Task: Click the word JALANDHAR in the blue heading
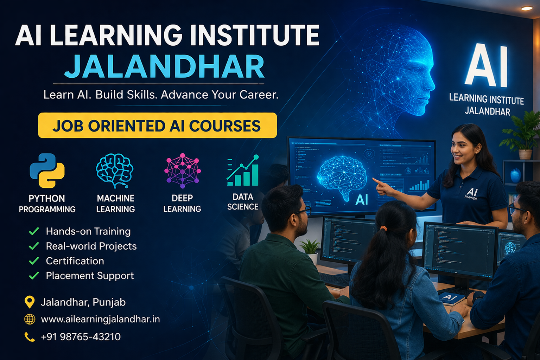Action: point(164,67)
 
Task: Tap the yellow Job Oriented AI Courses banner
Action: point(157,126)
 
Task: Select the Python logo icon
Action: point(47,171)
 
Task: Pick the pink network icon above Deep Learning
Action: point(182,171)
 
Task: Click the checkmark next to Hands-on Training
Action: point(34,231)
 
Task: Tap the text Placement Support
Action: point(90,276)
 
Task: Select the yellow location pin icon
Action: point(30,302)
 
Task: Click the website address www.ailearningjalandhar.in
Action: point(100,319)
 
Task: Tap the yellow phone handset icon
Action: point(30,337)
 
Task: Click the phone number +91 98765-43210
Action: point(81,337)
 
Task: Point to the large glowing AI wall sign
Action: point(487,66)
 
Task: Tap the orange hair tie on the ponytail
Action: point(383,229)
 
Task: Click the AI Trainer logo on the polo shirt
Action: point(471,193)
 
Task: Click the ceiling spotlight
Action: point(527,8)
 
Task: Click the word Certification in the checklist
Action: point(75,261)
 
